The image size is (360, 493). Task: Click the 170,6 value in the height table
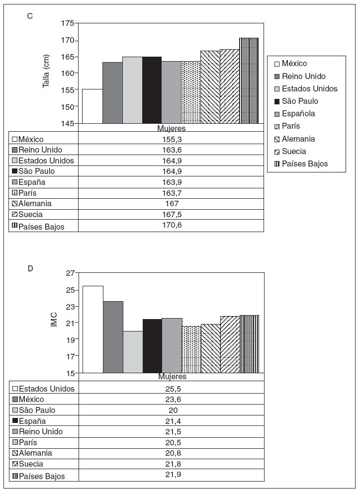pos(171,226)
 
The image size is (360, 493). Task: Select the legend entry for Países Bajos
pos(304,164)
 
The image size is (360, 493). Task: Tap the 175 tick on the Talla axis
pos(68,23)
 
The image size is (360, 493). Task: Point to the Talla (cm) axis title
pos(46,73)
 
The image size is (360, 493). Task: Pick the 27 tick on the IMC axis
pos(70,273)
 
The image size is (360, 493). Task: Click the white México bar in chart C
pos(92,106)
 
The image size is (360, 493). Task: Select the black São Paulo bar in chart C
pos(152,90)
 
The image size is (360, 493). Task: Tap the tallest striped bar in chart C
pos(249,81)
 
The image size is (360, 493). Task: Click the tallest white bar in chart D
pos(92,329)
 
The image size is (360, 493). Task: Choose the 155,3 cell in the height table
pos(171,139)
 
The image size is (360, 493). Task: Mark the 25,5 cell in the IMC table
pos(171,389)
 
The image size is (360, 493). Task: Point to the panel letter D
pos(30,268)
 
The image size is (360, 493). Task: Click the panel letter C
pos(30,16)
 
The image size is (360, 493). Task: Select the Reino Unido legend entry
pos(303,76)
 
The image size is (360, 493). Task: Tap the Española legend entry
pos(298,113)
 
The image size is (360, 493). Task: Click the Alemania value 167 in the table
pos(171,204)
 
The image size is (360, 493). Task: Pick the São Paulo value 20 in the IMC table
pos(171,411)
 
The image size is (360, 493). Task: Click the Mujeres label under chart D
pos(172,377)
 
